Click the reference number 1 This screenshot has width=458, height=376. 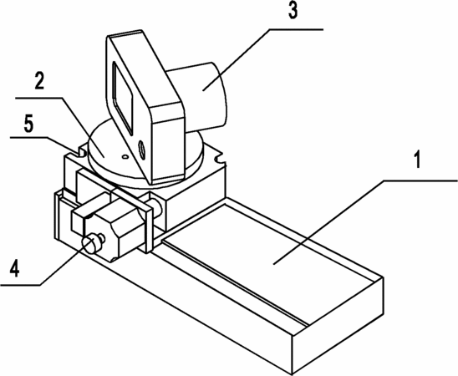(418, 160)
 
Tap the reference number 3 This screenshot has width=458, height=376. (293, 10)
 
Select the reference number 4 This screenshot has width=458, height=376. (14, 268)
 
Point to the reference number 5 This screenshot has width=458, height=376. (28, 124)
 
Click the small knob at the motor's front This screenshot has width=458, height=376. (92, 243)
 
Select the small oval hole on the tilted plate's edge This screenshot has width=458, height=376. (142, 150)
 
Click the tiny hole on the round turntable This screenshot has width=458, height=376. (125, 157)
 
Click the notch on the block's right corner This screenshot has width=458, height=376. (219, 160)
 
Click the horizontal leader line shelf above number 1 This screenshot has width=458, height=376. (420, 181)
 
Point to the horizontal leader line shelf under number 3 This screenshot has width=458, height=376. (296, 29)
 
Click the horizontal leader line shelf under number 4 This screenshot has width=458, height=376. (20, 285)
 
